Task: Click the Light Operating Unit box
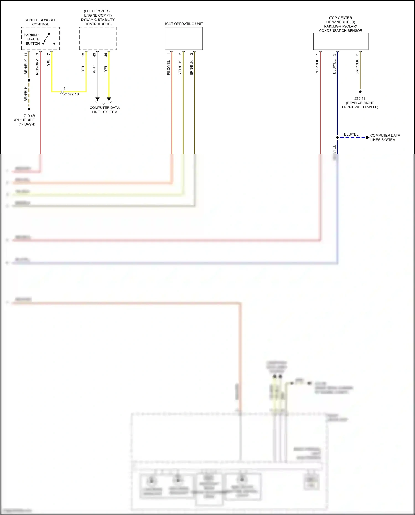coord(184,38)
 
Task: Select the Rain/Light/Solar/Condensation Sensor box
coord(341,41)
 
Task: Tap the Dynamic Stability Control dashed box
coord(98,38)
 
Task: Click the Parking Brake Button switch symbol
coord(46,39)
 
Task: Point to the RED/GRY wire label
coord(37,67)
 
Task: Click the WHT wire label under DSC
coord(94,69)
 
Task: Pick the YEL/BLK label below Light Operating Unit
coord(180,68)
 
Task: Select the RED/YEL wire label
coord(168,68)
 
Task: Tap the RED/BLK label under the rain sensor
coord(317,67)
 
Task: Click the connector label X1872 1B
coord(71,94)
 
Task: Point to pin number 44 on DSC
coord(106,55)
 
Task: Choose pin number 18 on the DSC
coord(83,55)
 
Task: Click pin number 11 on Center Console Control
coord(26,55)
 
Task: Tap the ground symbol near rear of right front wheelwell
coord(360,92)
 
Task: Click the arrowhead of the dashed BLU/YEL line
coord(367,138)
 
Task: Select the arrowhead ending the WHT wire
coord(97,99)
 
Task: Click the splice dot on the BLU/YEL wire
coord(337,138)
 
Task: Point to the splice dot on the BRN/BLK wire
coord(29,80)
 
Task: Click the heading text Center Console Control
coord(40,22)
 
